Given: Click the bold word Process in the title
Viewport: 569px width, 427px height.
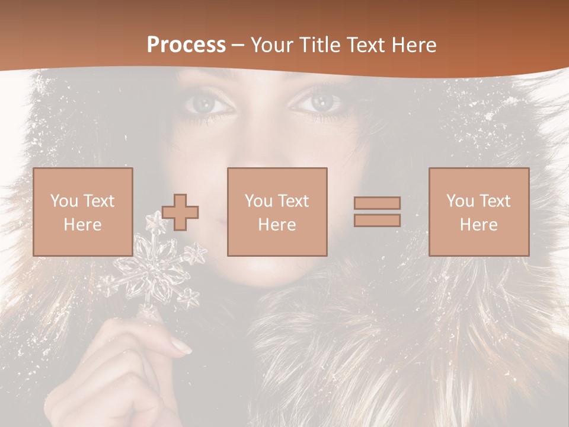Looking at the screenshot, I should click(x=186, y=45).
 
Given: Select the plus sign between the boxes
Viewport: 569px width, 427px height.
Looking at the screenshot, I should click(x=180, y=212).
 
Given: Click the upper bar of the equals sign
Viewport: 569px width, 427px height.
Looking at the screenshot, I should click(x=377, y=203).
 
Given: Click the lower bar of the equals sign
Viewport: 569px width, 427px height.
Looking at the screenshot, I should click(x=377, y=220).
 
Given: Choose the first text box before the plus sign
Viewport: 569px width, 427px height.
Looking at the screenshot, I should click(x=83, y=212).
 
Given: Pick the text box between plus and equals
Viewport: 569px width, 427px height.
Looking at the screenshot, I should click(x=277, y=212).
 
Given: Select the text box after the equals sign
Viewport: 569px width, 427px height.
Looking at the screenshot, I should click(x=478, y=212).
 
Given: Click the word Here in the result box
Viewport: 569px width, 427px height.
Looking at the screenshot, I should click(x=478, y=224).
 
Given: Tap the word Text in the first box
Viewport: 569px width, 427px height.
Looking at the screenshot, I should click(x=98, y=201).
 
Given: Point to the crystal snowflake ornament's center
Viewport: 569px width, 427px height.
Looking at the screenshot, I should click(x=154, y=272).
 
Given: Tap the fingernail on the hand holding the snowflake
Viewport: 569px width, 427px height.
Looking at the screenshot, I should click(x=181, y=346).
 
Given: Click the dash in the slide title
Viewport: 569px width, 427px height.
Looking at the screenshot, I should click(x=238, y=45).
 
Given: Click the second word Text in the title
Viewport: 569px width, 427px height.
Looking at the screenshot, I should click(x=362, y=45).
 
